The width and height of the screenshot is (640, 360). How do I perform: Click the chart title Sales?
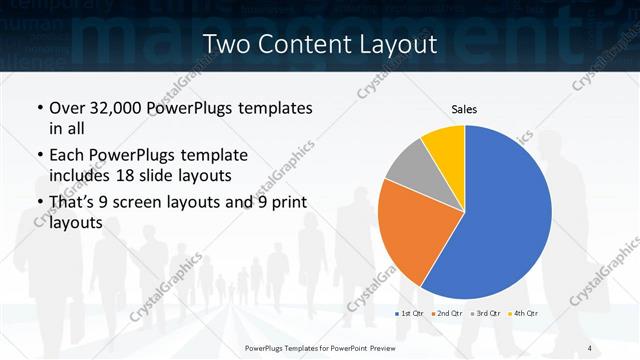pos(464,107)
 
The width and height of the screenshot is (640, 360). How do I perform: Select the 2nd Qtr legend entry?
pos(448,314)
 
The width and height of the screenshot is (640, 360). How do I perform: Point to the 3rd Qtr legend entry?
pos(486,314)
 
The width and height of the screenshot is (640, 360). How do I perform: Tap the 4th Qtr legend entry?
pos(523,314)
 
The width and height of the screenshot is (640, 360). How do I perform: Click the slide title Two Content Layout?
pos(319,44)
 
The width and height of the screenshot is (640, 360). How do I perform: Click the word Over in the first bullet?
pos(67,108)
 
